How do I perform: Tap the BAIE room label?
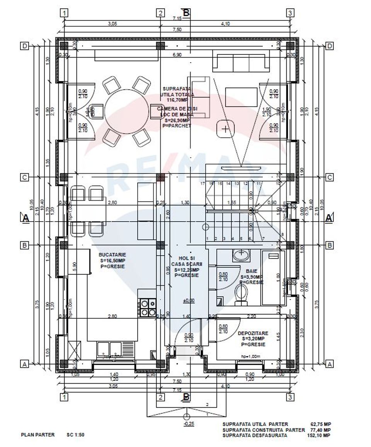coord(252,271)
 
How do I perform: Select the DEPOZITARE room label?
coord(253,333)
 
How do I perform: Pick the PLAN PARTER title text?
coord(37,435)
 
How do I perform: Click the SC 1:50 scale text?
coord(75,435)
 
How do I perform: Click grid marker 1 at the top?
coord(65,13)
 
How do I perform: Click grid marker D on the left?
coord(24,46)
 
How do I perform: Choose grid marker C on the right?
coord(330,177)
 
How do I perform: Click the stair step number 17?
coord(202,183)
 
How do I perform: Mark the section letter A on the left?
coord(26,218)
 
